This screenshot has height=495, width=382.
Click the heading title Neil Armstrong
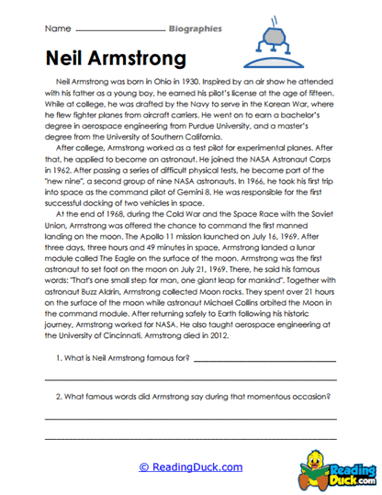(115, 59)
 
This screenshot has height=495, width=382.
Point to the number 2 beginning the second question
(59, 397)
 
